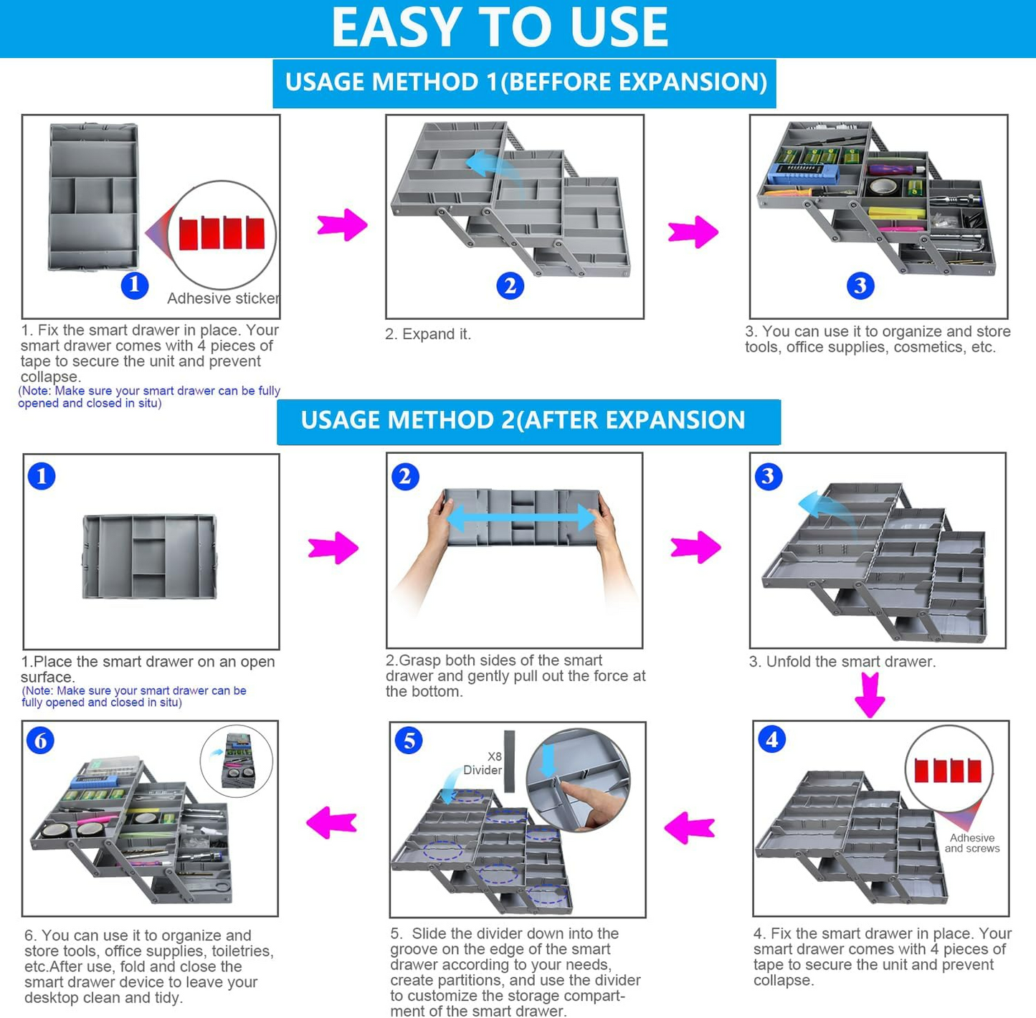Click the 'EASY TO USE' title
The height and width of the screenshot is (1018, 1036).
coord(500,28)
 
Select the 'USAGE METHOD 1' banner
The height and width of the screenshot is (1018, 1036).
coord(525,82)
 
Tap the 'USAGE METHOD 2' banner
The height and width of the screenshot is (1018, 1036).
coord(523,420)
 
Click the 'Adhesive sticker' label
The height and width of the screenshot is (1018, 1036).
coord(223,298)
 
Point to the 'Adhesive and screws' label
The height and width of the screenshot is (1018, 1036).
coord(971,843)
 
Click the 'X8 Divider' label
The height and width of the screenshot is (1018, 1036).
coord(483,763)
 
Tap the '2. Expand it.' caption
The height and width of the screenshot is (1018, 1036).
coord(428,334)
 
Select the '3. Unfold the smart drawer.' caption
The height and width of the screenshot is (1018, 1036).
coord(842,662)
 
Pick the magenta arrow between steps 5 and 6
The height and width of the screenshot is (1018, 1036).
coord(331,822)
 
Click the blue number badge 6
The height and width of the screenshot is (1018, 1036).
coord(41,741)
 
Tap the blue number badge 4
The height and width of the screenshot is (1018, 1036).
coord(772,739)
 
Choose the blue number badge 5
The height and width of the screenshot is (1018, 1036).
coord(409,741)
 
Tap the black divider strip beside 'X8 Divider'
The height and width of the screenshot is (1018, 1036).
coord(510,761)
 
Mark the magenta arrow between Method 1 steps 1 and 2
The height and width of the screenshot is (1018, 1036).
coord(342,225)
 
